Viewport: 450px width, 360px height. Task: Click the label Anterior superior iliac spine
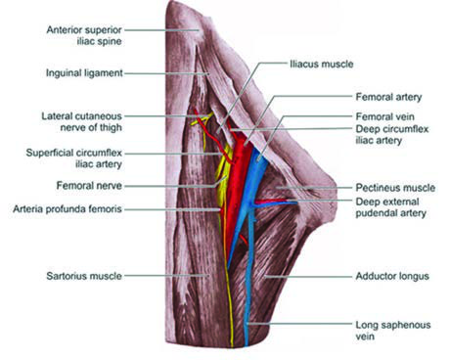[x=84, y=35]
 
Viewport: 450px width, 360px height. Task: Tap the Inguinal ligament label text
[x=84, y=73]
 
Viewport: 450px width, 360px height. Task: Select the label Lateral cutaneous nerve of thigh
[x=81, y=121]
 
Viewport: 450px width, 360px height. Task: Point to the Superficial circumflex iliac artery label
[x=74, y=158]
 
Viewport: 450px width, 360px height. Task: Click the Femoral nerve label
[x=89, y=186]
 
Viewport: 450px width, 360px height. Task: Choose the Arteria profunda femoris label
[x=67, y=209]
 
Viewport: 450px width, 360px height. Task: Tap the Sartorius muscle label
[x=84, y=276]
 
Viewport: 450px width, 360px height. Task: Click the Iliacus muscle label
[x=322, y=64]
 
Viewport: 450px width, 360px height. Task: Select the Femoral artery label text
[x=388, y=97]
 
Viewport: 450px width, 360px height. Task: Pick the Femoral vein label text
[x=384, y=116]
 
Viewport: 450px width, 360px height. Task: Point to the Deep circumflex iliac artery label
[x=392, y=135]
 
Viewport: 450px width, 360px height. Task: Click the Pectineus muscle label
[x=395, y=188]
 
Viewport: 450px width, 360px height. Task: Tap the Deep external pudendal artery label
[x=390, y=207]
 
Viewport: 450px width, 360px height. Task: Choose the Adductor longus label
[x=392, y=277]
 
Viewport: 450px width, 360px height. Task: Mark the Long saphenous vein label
[x=393, y=331]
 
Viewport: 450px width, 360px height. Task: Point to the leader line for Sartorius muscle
[x=166, y=276]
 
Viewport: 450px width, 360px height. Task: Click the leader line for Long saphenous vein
[x=300, y=324]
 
